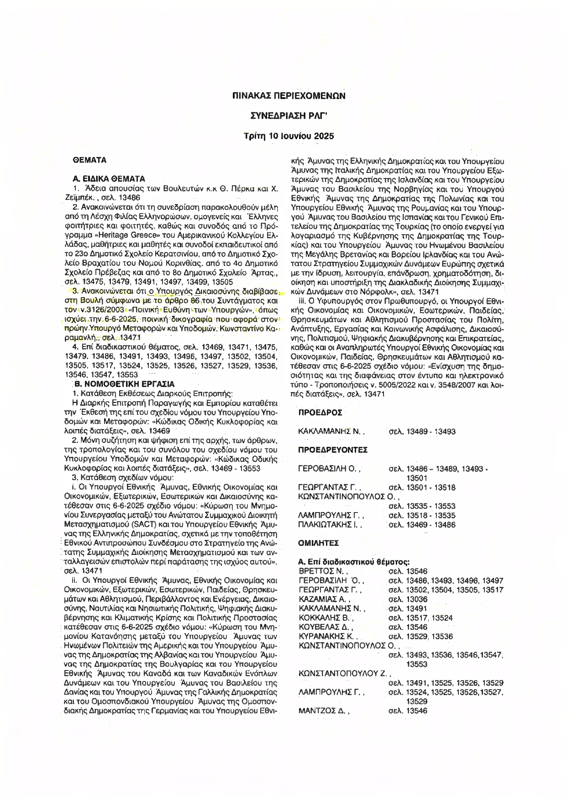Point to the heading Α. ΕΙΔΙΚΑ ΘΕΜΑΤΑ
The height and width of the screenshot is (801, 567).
(x=109, y=178)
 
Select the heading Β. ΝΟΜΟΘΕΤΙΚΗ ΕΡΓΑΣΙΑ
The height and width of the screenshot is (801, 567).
(x=124, y=384)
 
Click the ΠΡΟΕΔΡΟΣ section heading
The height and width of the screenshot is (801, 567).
(x=320, y=413)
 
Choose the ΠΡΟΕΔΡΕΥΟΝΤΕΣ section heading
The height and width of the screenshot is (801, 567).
(x=333, y=450)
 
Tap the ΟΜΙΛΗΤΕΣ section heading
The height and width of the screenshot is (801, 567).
(x=318, y=543)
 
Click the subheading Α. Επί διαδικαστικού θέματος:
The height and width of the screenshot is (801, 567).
(x=353, y=562)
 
